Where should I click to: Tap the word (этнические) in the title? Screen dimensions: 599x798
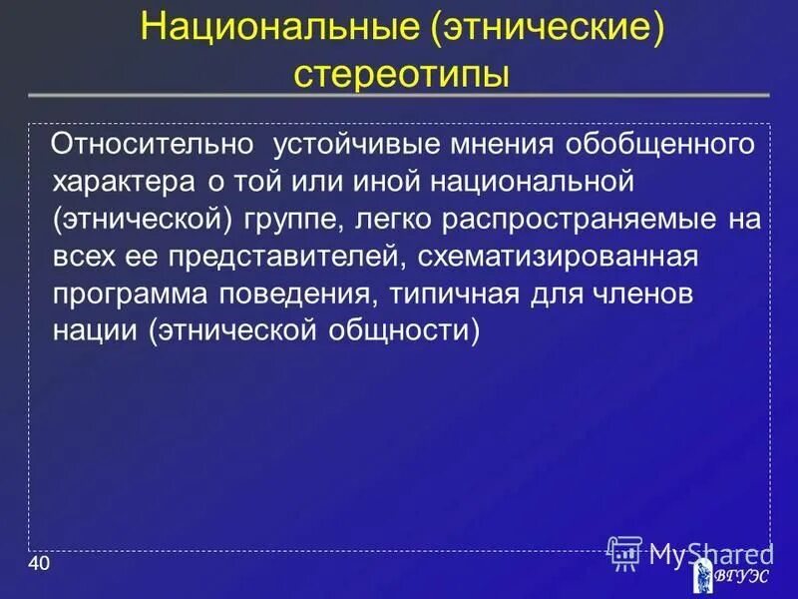point(548,29)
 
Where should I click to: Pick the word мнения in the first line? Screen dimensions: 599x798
point(505,146)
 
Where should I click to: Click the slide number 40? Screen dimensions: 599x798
point(39,566)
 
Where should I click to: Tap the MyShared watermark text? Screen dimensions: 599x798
point(710,551)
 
